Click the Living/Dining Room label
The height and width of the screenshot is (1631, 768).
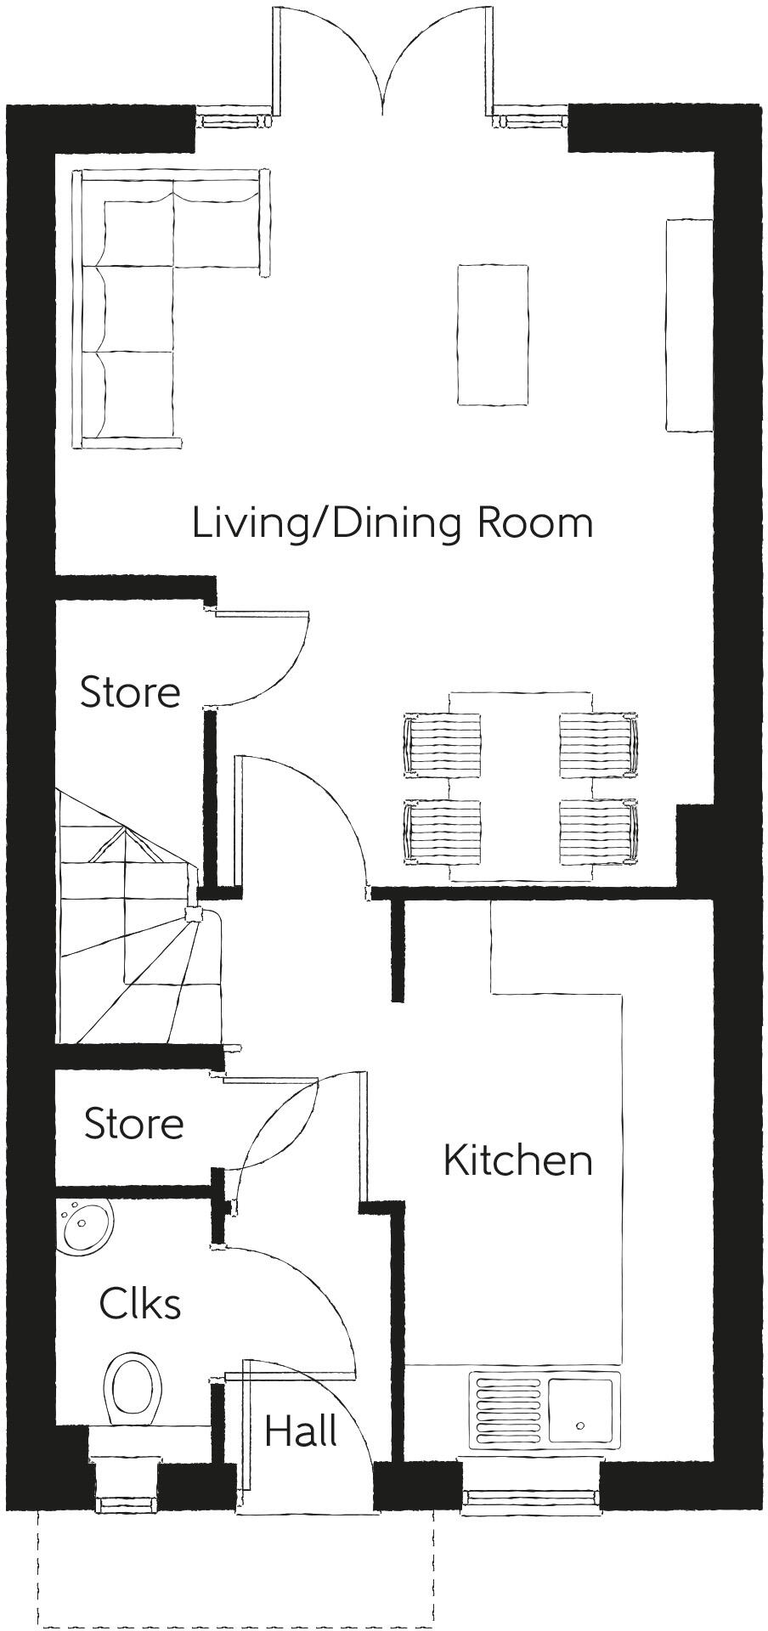tap(392, 522)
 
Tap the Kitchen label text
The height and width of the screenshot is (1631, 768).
tap(517, 1160)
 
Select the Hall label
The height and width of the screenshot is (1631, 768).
tap(301, 1431)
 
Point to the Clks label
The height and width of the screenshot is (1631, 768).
tap(140, 1303)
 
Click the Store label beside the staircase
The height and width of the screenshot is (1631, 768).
tap(130, 691)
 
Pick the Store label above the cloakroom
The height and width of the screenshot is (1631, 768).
tap(133, 1123)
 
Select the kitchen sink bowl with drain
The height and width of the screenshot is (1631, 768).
tap(580, 1411)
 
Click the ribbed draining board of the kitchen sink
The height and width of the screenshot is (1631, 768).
tap(508, 1411)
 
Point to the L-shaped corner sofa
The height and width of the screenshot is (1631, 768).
tap(136, 306)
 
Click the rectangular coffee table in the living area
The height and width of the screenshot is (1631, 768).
tap(493, 335)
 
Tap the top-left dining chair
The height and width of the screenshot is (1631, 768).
tap(442, 744)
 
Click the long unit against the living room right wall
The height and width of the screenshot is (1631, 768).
tap(689, 325)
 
